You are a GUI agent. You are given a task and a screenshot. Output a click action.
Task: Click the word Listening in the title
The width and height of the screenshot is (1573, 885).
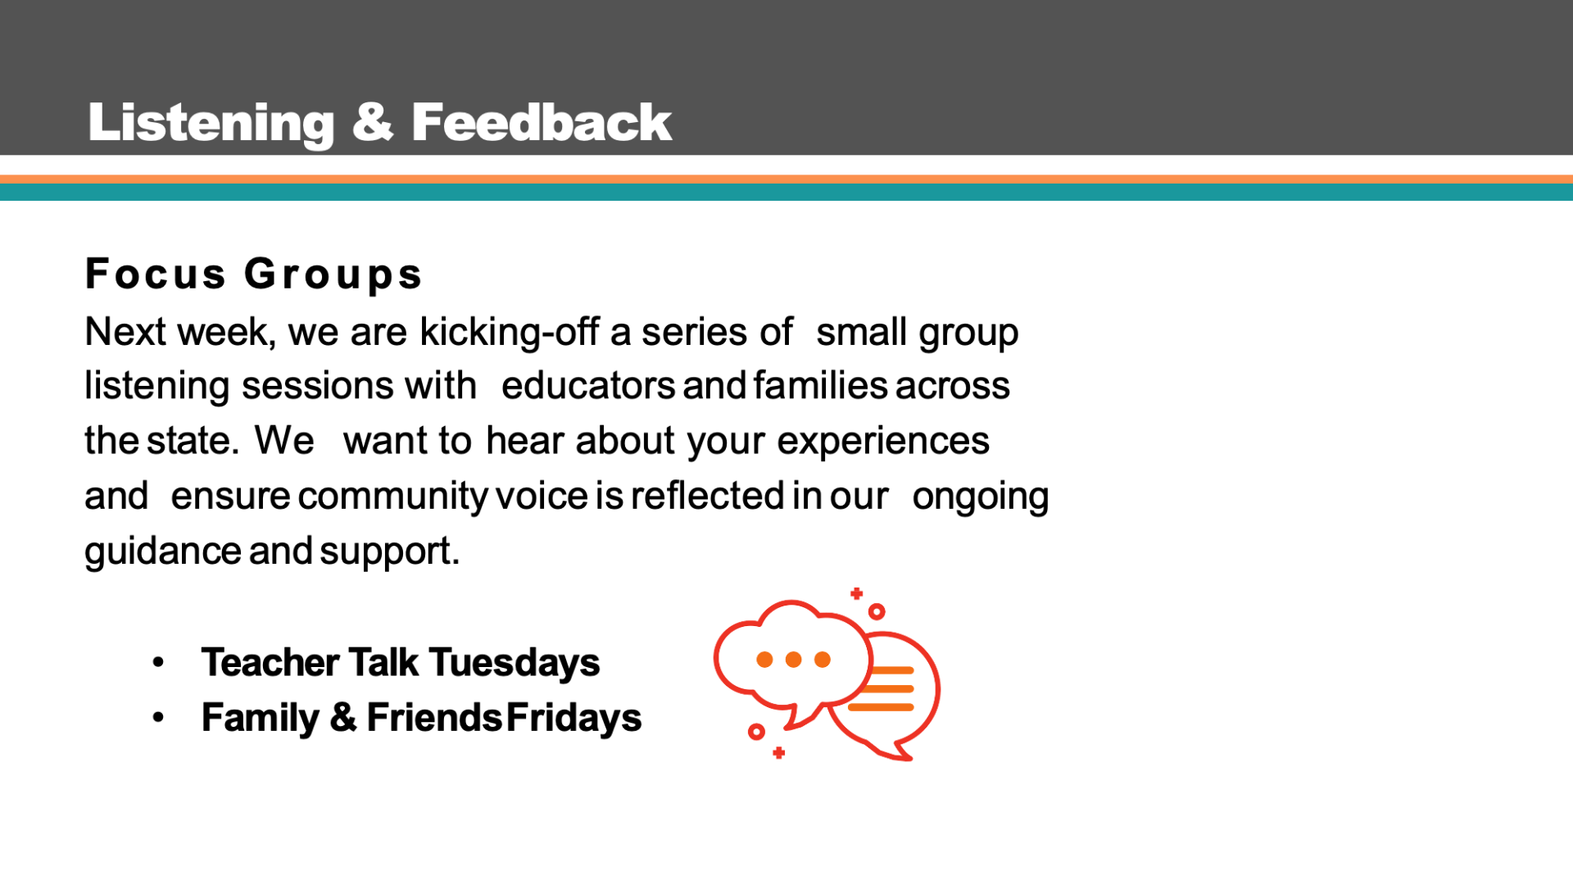click(x=211, y=124)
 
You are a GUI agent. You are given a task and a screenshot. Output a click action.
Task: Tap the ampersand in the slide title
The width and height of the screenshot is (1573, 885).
click(x=373, y=122)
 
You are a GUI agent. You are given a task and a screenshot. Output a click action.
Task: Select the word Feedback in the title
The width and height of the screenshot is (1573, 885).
click(x=542, y=122)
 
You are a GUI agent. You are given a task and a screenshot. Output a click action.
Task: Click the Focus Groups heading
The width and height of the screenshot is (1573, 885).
click(x=253, y=274)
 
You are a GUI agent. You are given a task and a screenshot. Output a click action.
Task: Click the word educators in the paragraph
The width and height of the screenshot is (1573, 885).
click(x=588, y=385)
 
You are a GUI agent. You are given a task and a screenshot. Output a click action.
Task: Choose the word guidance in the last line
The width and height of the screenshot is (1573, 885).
click(x=163, y=551)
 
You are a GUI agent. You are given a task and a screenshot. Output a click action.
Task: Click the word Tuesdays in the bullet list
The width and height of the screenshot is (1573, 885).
click(x=514, y=663)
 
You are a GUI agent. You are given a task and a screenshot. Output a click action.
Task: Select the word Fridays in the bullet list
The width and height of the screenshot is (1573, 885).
click(x=573, y=718)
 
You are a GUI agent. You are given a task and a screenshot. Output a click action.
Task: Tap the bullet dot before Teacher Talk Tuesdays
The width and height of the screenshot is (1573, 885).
click(x=158, y=662)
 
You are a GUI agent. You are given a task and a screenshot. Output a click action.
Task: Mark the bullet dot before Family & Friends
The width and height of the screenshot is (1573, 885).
click(x=158, y=718)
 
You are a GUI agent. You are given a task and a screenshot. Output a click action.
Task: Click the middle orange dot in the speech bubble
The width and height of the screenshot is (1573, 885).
click(x=793, y=660)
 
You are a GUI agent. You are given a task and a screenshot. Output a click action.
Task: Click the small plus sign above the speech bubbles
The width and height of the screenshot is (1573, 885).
click(x=856, y=593)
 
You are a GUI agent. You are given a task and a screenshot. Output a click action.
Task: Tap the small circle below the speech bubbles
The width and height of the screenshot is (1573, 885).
click(x=756, y=731)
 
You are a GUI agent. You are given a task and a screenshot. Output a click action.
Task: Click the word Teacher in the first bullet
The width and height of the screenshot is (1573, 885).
click(x=270, y=663)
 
